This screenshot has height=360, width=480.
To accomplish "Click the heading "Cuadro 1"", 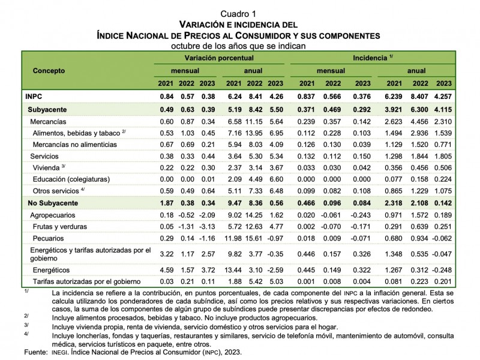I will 238,13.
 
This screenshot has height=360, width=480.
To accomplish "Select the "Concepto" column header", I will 49,70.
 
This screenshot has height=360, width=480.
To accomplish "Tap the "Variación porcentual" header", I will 219,58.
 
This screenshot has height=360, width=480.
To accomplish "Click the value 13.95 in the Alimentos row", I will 256,133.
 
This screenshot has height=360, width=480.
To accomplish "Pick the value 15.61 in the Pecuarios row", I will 256,239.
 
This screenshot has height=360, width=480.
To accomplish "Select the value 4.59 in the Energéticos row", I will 166,271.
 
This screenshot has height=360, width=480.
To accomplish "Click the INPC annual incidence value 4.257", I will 443,96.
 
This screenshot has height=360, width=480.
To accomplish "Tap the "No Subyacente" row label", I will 53,203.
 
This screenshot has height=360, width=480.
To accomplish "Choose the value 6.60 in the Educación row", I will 276,179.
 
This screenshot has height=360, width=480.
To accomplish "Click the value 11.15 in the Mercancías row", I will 256,121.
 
